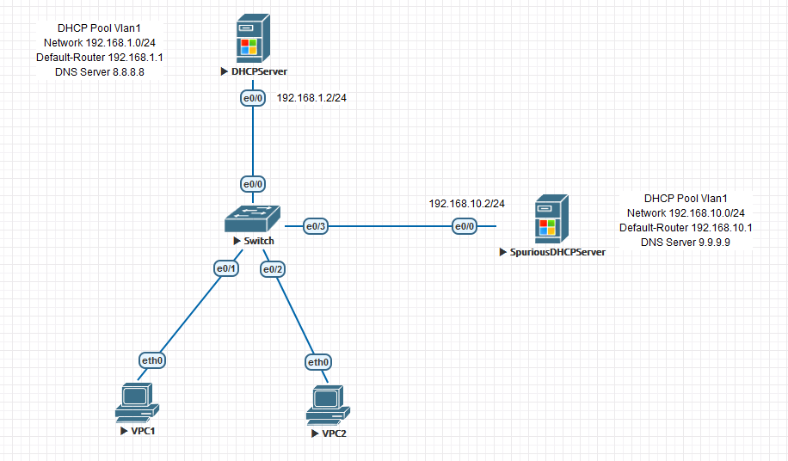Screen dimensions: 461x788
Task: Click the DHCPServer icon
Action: (x=252, y=40)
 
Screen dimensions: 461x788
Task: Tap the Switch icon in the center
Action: (x=253, y=218)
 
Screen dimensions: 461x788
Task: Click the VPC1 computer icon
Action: (x=137, y=403)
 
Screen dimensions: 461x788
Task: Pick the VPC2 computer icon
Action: (x=327, y=406)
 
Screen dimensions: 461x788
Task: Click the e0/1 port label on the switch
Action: (x=226, y=268)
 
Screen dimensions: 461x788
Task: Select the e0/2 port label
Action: (x=273, y=270)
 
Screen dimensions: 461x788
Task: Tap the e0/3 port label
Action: (x=315, y=226)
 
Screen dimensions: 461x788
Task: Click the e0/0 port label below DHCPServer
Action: (x=253, y=99)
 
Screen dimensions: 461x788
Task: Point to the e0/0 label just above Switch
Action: (x=253, y=184)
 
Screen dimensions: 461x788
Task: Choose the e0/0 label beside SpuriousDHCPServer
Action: (x=465, y=226)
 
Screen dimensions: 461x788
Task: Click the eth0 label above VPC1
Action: (x=151, y=360)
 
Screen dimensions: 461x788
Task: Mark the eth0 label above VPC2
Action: (x=318, y=362)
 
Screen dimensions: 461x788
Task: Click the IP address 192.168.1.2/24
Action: (x=311, y=98)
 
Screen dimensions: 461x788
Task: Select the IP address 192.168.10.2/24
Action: (x=467, y=204)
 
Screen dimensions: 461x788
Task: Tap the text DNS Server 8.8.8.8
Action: (x=100, y=72)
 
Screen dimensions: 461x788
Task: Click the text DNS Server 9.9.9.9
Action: (x=686, y=243)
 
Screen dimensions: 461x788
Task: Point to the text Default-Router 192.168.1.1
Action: (x=100, y=58)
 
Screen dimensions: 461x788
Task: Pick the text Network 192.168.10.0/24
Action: (x=686, y=213)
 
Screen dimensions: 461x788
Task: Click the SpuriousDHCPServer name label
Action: (x=557, y=253)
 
